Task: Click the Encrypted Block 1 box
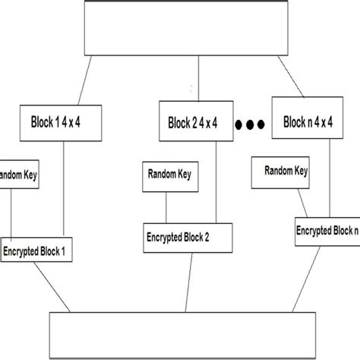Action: (39, 248)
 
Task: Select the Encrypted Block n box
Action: (327, 231)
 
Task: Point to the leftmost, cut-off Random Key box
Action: (17, 175)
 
